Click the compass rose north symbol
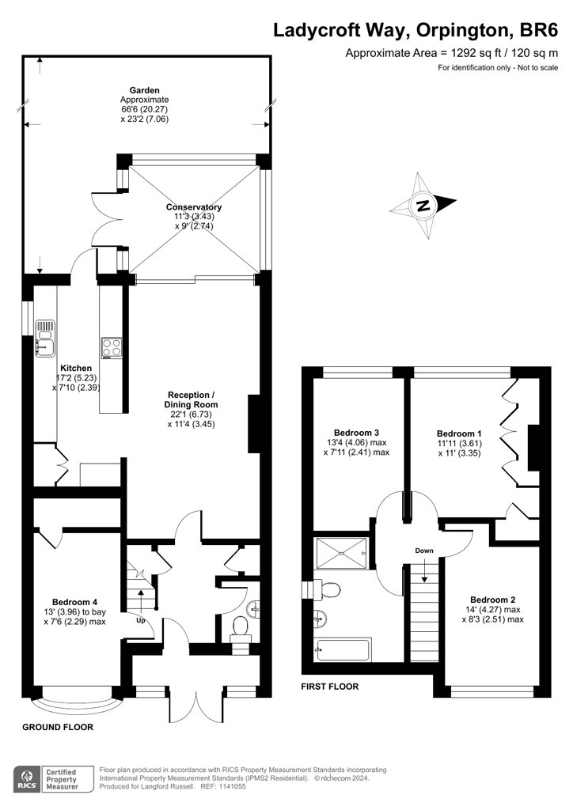pyautogui.click(x=423, y=205)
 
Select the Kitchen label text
pyautogui.click(x=77, y=368)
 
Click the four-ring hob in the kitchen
pyautogui.click(x=111, y=347)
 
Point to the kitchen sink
pyautogui.click(x=44, y=337)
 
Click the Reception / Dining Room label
pyautogui.click(x=191, y=395)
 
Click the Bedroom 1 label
pyautogui.click(x=459, y=433)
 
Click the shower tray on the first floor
pyautogui.click(x=341, y=552)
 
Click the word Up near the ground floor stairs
pyautogui.click(x=141, y=620)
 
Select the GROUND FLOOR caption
pyautogui.click(x=57, y=726)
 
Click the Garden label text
pyautogui.click(x=143, y=90)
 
